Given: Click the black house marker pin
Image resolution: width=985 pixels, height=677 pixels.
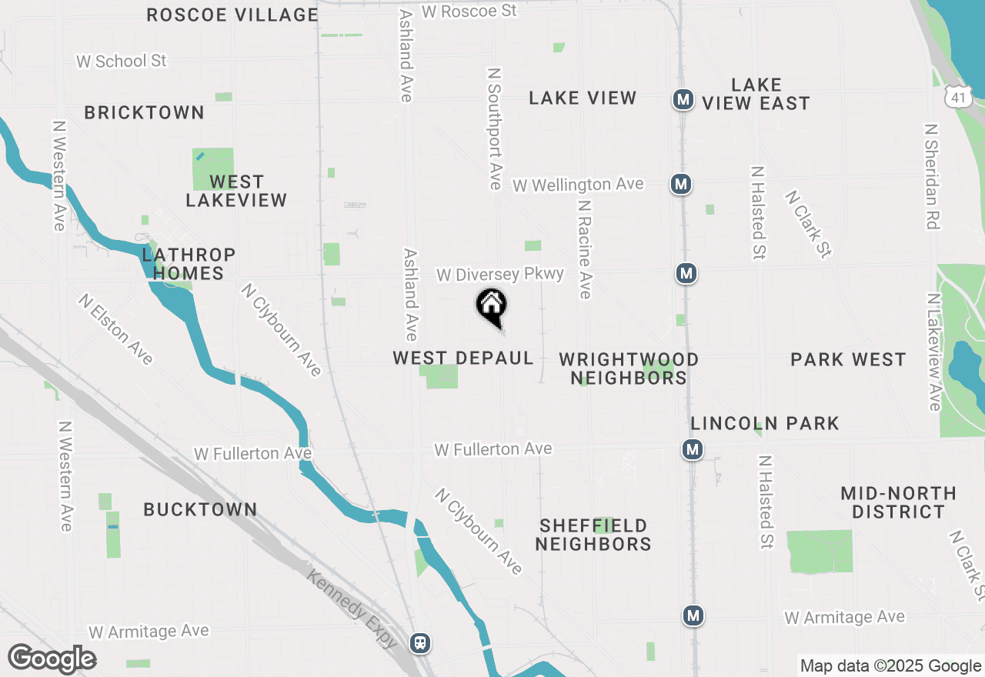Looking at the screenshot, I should [491, 307].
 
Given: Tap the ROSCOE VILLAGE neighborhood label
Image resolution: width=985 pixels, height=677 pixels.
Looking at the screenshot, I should [232, 15].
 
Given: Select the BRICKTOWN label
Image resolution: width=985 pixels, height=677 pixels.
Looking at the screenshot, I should [144, 112].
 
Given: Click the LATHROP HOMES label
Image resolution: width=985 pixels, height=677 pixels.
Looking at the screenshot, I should [189, 263].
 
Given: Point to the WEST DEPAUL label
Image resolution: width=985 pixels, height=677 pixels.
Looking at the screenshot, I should [463, 358].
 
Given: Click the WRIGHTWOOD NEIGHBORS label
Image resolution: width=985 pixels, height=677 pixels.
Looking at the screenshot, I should [629, 369].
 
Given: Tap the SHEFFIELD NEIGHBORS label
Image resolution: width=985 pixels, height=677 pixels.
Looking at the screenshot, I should [593, 535].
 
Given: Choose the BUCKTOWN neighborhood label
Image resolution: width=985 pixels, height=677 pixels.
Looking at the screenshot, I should [200, 509].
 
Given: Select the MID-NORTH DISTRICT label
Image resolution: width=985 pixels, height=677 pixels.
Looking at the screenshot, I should [898, 502].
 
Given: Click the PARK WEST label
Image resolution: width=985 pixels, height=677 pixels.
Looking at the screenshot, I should [848, 359].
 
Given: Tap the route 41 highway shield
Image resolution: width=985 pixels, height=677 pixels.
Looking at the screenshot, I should [957, 96].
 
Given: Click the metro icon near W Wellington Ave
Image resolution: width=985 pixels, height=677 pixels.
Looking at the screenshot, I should [679, 184].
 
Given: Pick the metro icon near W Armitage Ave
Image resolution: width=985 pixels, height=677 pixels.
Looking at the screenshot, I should [693, 615].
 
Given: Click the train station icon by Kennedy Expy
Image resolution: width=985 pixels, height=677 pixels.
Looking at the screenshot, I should [420, 642].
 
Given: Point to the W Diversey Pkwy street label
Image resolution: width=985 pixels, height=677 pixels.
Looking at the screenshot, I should [500, 275].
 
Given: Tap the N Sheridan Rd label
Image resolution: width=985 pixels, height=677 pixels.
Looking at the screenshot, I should [932, 176].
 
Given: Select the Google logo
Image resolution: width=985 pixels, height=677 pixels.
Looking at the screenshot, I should [52, 659].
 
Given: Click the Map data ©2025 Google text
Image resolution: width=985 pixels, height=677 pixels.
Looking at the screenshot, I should [890, 666].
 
